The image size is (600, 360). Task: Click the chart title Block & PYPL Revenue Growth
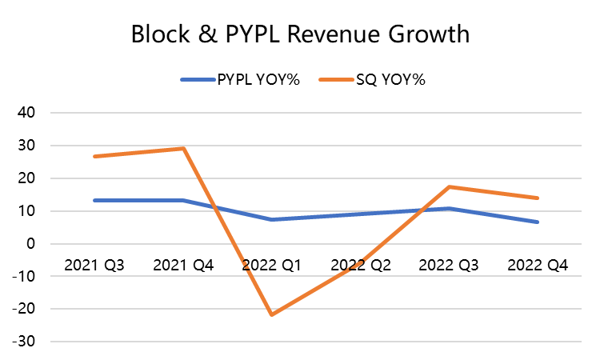[299, 35]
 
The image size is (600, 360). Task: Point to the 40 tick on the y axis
[27, 113]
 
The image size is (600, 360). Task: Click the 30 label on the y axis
[27, 146]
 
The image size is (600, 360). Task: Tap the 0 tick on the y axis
[34, 244]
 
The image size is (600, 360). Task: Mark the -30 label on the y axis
[24, 342]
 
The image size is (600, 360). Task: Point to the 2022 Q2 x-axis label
[361, 266]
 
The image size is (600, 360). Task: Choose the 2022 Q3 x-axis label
[449, 266]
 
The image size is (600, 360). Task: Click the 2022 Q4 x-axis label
[537, 266]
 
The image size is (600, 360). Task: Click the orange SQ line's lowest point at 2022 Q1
[273, 314]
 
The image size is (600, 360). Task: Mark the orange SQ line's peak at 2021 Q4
[185, 148]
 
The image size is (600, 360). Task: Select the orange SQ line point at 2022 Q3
[449, 186]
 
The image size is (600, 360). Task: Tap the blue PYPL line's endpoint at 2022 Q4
[537, 222]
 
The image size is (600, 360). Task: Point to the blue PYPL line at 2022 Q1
[273, 219]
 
